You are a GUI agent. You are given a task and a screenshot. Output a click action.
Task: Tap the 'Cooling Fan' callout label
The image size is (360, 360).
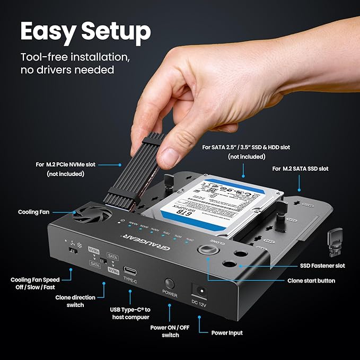34,212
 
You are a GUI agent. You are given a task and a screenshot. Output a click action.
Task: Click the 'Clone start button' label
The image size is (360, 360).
311,280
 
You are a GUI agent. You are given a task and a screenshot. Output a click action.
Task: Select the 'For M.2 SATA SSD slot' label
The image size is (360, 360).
300,169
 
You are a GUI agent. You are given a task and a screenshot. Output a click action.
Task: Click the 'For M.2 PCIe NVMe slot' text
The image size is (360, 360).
66,164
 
